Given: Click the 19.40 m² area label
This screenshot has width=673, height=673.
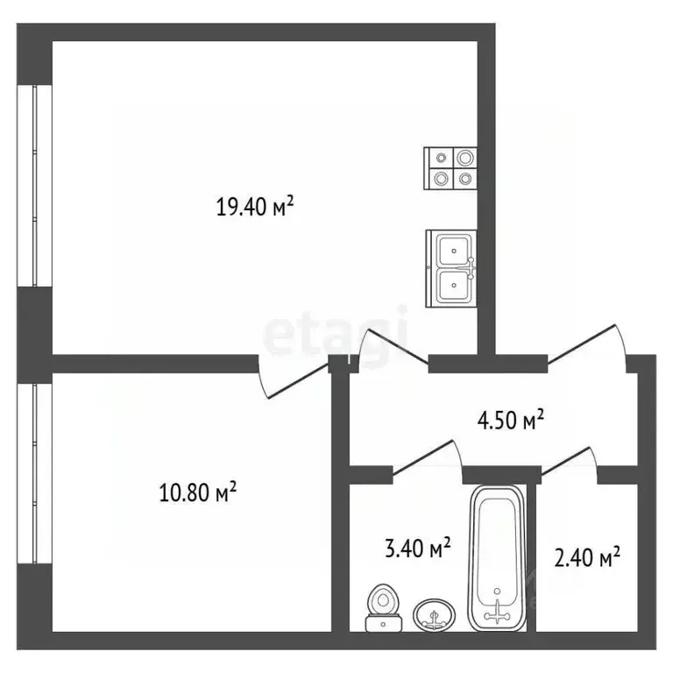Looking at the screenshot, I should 254,207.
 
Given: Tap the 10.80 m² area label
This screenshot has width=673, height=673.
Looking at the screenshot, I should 198,492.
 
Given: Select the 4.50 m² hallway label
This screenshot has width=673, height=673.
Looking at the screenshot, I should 510,420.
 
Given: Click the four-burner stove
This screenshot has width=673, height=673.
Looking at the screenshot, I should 451,168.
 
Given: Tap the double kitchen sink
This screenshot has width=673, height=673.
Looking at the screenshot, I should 451,268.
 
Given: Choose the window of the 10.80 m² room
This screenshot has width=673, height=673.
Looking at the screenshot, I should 34,473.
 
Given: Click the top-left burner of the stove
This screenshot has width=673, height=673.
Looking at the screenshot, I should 440,159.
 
